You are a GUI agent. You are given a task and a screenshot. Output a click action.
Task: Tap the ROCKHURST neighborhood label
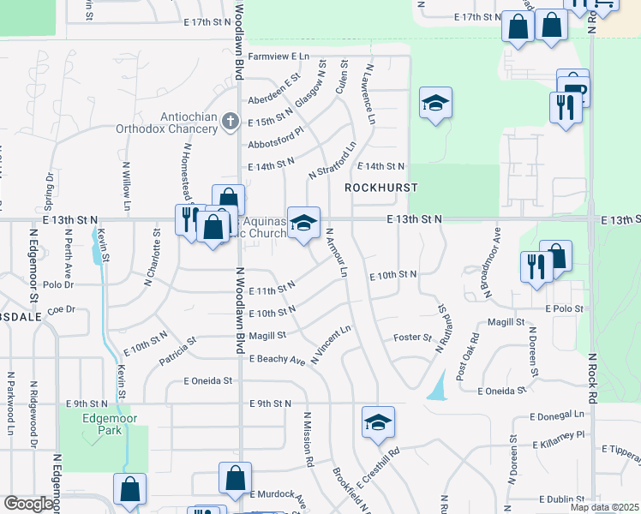[x=380, y=187]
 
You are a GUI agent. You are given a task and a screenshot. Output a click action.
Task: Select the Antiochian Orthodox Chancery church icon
[x=229, y=123]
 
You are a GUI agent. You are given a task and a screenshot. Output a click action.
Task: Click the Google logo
[x=28, y=503]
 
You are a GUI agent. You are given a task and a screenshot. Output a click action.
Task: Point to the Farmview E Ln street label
[x=278, y=56]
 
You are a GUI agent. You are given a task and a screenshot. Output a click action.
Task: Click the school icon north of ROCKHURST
[x=436, y=104]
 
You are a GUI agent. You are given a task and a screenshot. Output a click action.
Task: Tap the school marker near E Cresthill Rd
[x=378, y=422]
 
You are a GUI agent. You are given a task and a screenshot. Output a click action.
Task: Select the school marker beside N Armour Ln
[x=303, y=224]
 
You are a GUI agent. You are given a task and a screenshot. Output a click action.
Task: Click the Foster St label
[x=411, y=338]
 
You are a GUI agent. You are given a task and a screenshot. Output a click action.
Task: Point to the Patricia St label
[x=177, y=351]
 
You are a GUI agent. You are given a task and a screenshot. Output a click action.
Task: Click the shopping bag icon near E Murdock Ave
[x=235, y=479]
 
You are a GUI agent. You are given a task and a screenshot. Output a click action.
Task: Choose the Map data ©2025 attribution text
[x=604, y=507]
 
